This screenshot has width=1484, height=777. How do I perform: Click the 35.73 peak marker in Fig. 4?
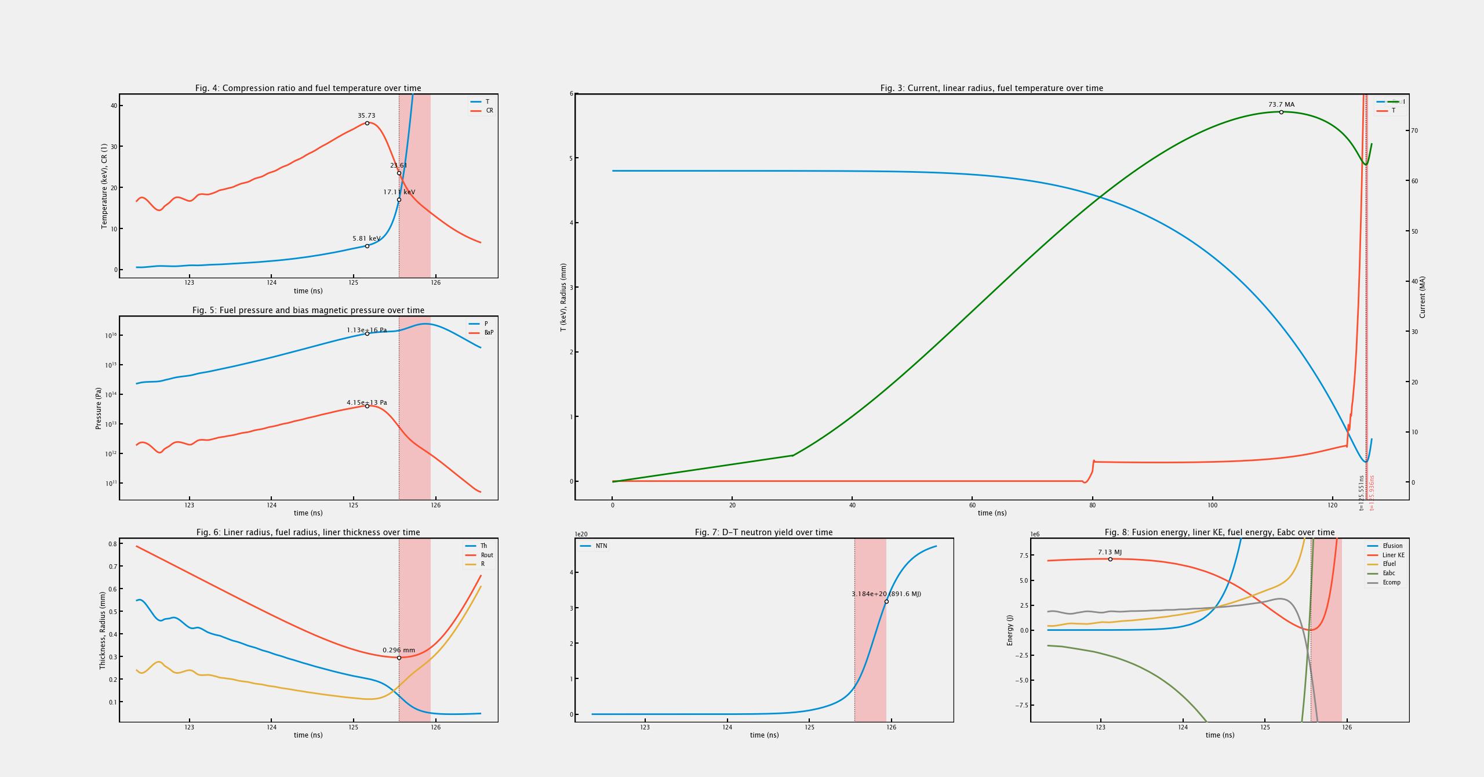pyautogui.click(x=367, y=124)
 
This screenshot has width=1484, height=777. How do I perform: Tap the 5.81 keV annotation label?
pyautogui.click(x=366, y=239)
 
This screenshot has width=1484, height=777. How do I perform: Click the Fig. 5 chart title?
pyautogui.click(x=308, y=310)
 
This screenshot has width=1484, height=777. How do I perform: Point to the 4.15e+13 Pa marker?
pyautogui.click(x=367, y=406)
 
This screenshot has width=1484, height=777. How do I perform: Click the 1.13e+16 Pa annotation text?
pyautogui.click(x=366, y=331)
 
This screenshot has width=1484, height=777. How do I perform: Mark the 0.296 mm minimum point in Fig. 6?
pyautogui.click(x=399, y=658)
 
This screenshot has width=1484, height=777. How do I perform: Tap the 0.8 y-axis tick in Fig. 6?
pyautogui.click(x=112, y=544)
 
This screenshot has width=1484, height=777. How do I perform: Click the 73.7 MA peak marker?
pyautogui.click(x=1281, y=112)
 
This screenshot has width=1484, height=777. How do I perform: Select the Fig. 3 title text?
pyautogui.click(x=991, y=88)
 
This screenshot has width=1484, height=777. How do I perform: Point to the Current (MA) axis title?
pyautogui.click(x=1422, y=297)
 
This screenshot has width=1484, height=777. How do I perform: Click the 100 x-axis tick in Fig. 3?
pyautogui.click(x=1212, y=505)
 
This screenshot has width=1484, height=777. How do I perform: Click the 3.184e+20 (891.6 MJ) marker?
pyautogui.click(x=886, y=602)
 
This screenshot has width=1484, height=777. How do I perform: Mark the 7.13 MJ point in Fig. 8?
pyautogui.click(x=1110, y=560)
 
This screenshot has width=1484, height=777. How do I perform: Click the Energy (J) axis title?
pyautogui.click(x=1010, y=630)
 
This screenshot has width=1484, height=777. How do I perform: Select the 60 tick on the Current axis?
pyautogui.click(x=1414, y=181)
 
